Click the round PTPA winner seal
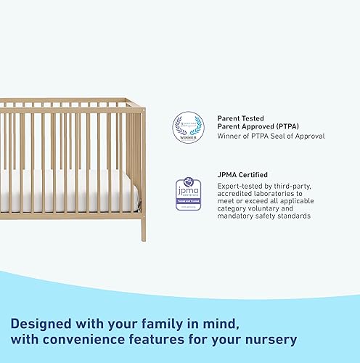tap(187, 126)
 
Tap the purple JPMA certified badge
tap(187, 195)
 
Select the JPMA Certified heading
tap(242, 175)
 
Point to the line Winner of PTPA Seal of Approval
tap(271, 136)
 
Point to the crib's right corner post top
tap(142, 110)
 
